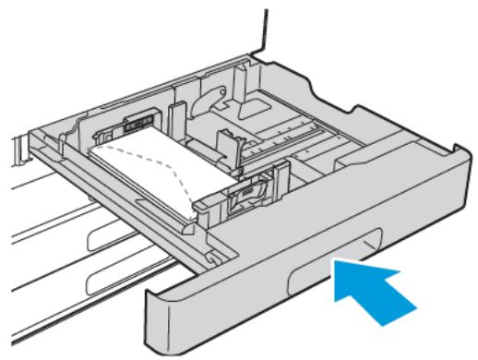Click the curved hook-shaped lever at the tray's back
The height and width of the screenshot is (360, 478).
(209, 102)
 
